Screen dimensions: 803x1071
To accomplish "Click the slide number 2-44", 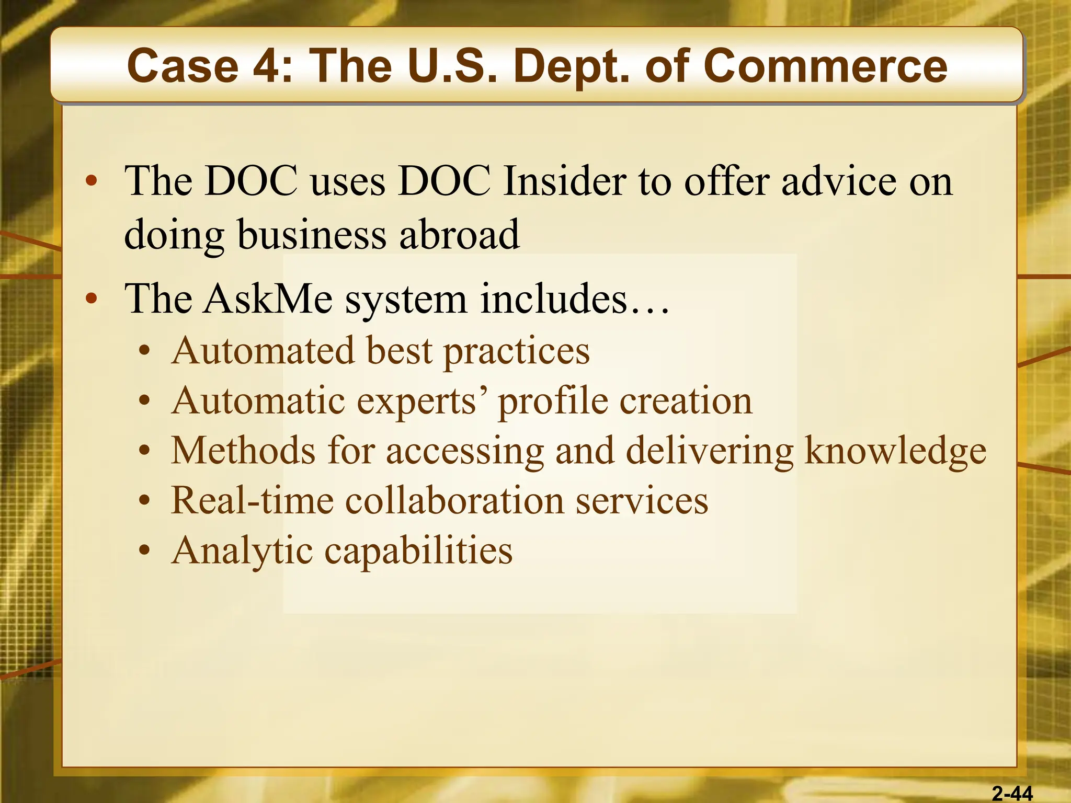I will coord(1012,794).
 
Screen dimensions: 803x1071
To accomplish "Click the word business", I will coord(312,235).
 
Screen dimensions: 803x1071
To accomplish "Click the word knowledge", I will coord(895,450).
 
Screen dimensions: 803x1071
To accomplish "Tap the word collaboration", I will coord(454,500).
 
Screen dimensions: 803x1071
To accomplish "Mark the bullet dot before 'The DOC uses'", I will coord(92,181).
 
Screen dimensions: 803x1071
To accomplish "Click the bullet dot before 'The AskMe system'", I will coord(92,299).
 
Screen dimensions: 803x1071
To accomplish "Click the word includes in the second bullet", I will coord(554,299).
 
